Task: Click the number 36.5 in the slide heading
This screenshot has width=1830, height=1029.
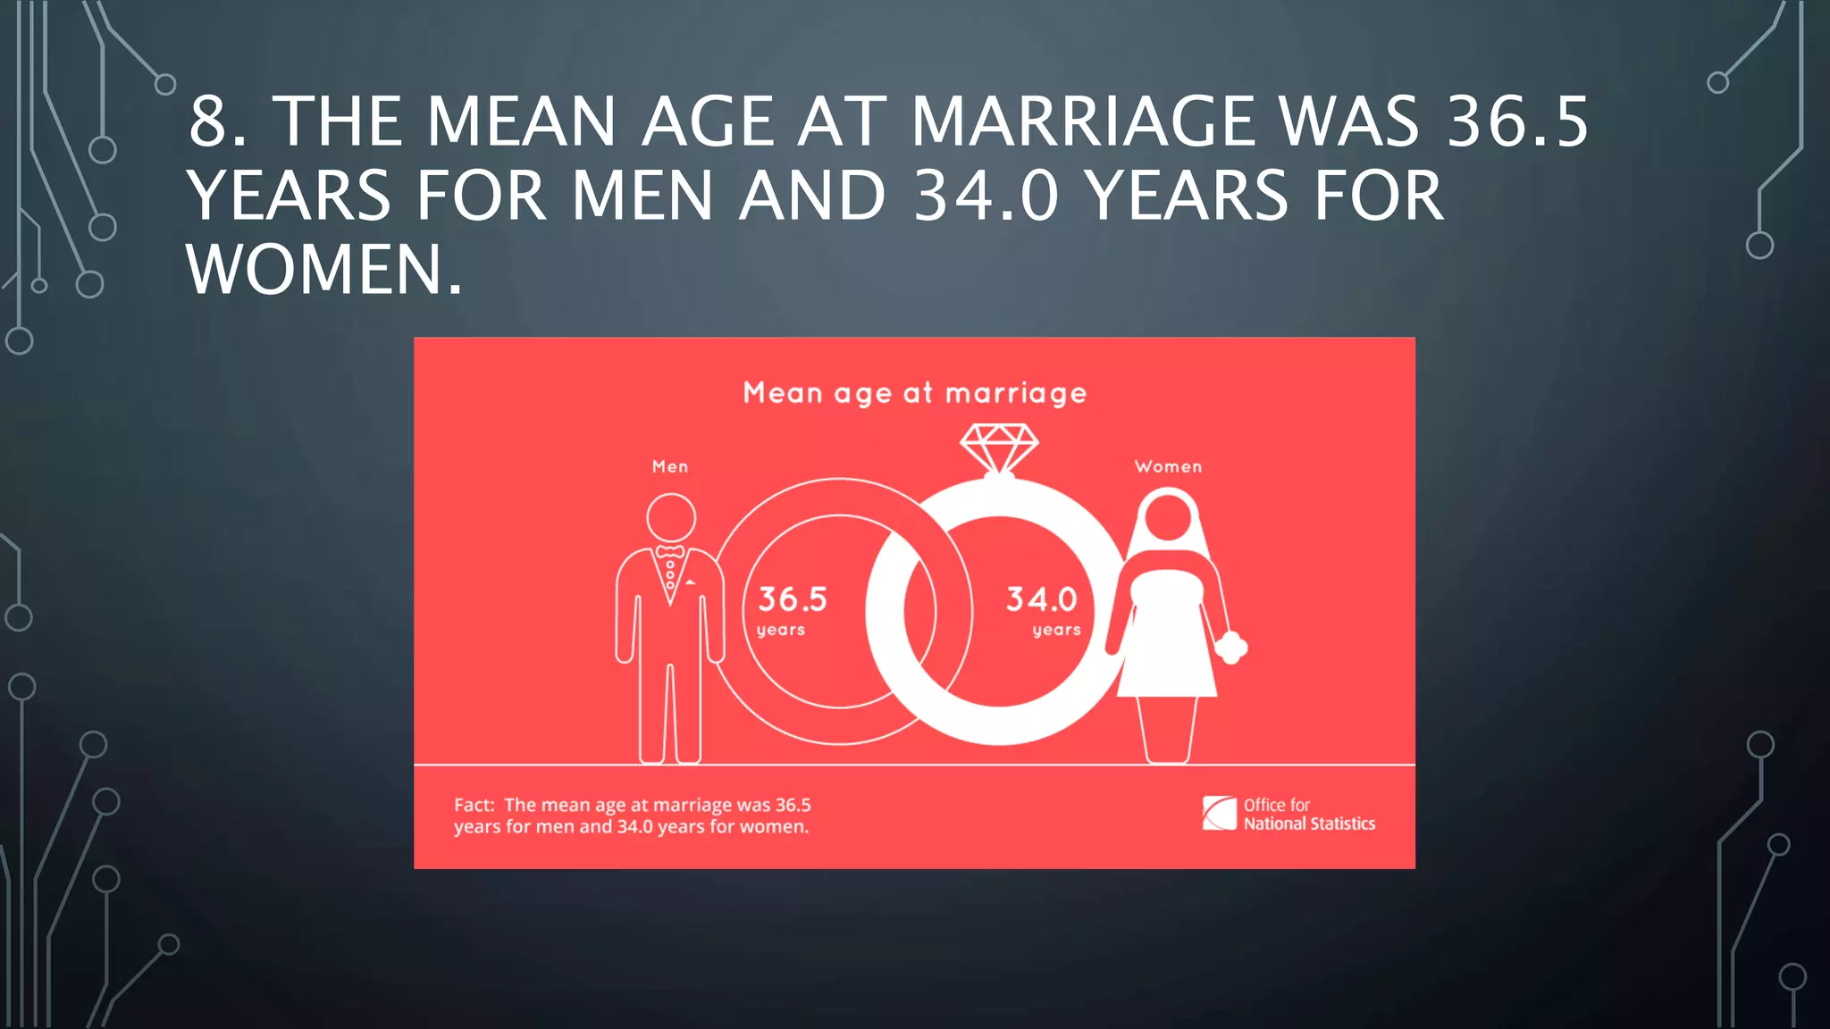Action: [1517, 122]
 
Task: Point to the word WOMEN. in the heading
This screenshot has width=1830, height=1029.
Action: [324, 270]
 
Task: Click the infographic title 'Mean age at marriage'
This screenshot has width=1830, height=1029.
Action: [914, 393]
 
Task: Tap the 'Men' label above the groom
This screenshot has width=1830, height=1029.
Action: [670, 466]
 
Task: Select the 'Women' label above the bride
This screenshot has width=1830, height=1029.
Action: [1168, 466]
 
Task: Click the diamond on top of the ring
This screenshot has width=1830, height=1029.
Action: [999, 447]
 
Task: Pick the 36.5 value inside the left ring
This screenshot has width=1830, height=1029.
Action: [793, 598]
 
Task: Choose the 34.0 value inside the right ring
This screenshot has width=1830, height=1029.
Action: [1042, 598]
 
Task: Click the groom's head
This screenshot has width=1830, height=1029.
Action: [671, 517]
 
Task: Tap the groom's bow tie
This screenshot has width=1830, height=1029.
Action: [670, 552]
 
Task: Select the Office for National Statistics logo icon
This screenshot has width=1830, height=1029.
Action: [1219, 813]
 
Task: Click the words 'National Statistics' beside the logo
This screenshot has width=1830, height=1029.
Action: [1309, 824]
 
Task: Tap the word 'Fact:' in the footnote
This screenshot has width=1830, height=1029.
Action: [474, 805]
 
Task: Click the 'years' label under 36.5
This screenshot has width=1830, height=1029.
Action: [781, 631]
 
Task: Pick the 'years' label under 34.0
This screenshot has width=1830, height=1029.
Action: [1056, 631]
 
